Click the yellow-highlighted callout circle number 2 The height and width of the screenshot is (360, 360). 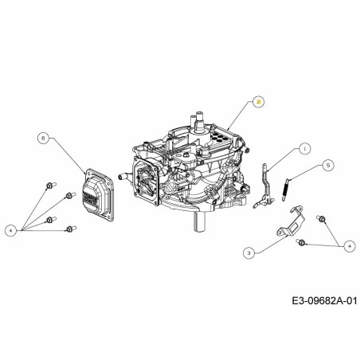click(257, 101)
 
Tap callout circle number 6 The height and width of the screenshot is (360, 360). click(42, 137)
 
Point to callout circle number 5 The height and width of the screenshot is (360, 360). click(328, 166)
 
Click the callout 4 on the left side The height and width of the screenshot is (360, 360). click(10, 230)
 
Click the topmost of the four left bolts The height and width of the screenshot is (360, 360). click(49, 186)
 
